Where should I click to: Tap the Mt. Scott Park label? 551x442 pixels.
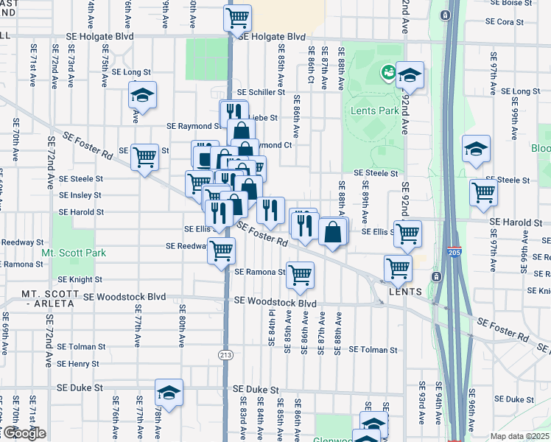click(x=74, y=253)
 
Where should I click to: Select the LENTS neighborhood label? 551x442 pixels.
click(x=405, y=292)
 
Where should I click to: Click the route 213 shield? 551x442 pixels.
click(x=227, y=355)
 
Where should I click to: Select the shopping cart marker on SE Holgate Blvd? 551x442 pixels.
click(x=237, y=17)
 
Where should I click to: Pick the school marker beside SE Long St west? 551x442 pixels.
click(x=143, y=94)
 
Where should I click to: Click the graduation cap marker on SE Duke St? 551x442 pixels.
click(x=169, y=392)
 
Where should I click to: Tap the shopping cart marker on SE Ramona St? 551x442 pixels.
click(x=300, y=275)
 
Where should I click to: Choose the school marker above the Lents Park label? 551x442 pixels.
click(x=410, y=74)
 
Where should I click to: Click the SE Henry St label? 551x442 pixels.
click(x=77, y=364)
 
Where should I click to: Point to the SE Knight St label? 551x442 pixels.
click(x=80, y=280)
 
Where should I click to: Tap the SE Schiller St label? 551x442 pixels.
click(x=261, y=92)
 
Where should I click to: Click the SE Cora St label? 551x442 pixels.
click(x=510, y=22)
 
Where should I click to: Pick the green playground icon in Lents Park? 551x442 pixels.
click(x=386, y=72)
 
